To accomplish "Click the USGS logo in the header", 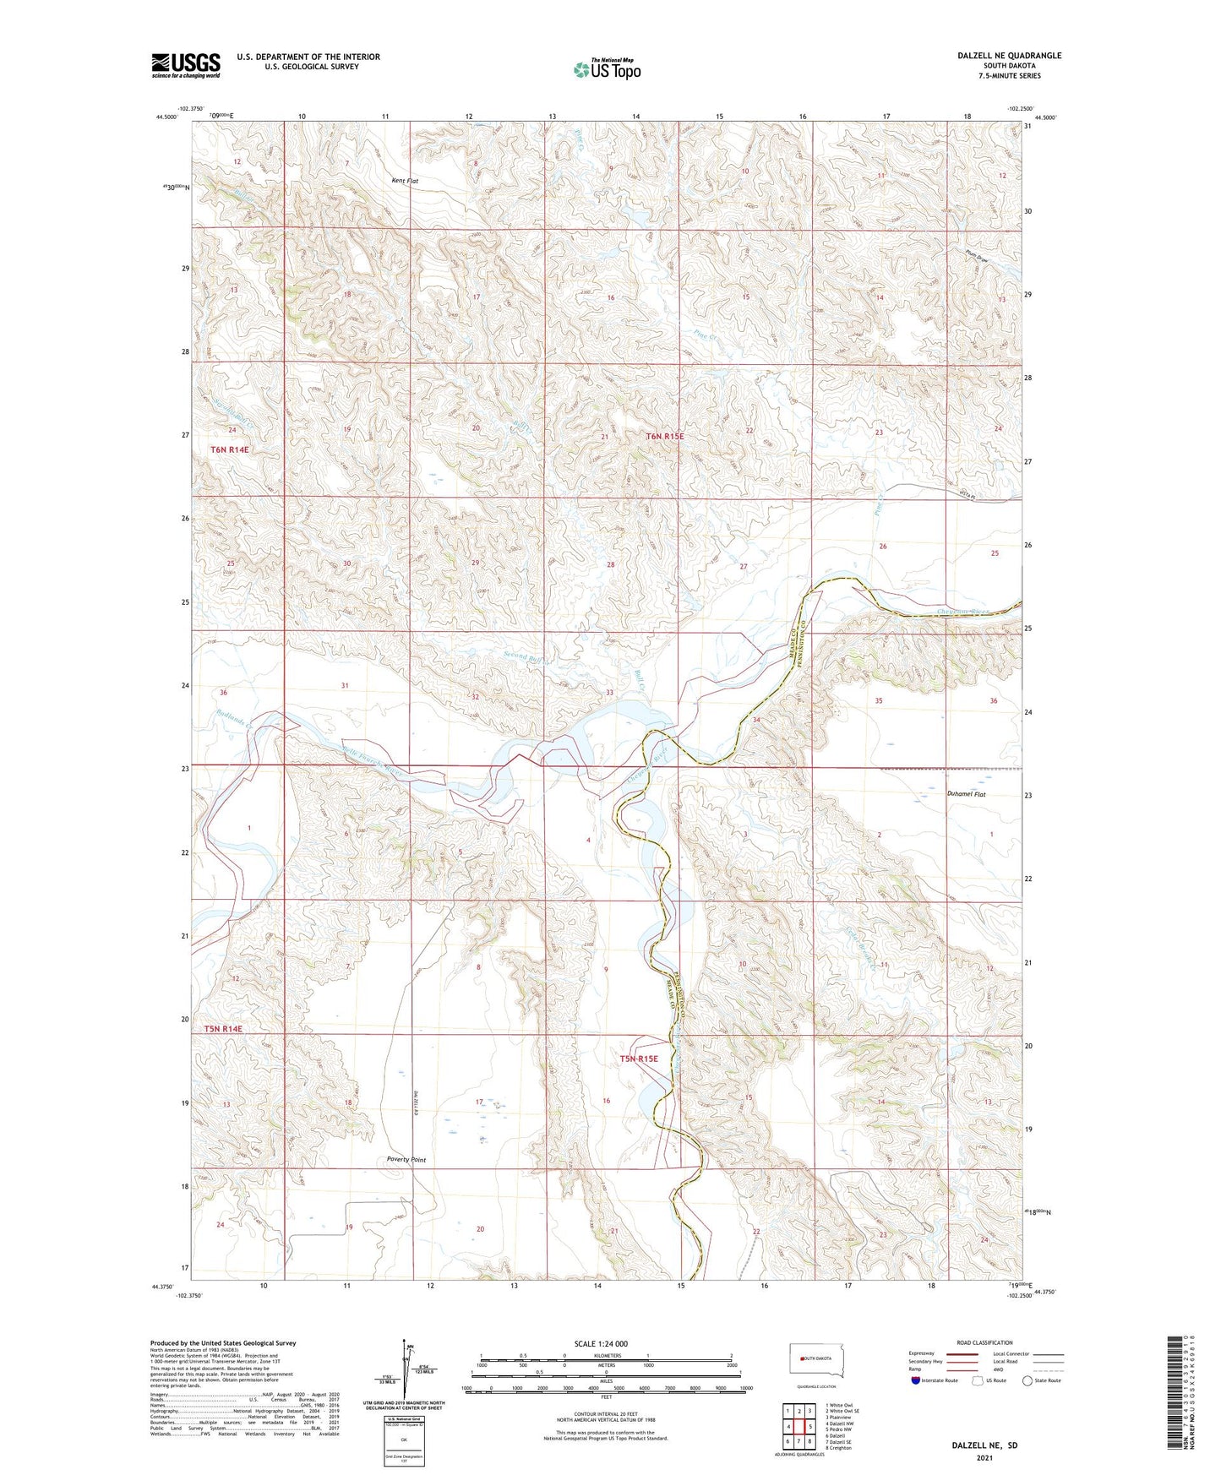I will (x=186, y=65).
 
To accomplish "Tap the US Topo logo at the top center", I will (x=608, y=69).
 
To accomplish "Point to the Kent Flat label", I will (x=405, y=181).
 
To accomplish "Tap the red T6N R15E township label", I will (x=664, y=437).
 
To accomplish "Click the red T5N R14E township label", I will (x=223, y=1029).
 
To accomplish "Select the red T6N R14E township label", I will (x=229, y=450).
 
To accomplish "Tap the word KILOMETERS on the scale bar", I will (x=606, y=1355).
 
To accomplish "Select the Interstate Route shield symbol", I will (x=917, y=1380).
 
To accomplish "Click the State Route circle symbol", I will (x=1027, y=1380).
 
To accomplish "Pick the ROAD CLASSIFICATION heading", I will (x=984, y=1342).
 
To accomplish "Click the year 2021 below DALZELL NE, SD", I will (x=984, y=1457).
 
